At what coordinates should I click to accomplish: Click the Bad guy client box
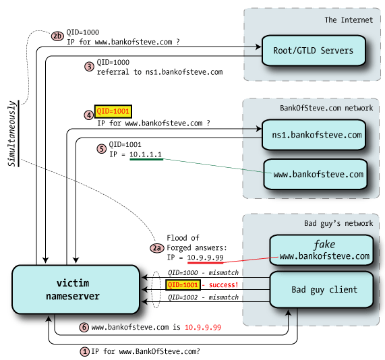click(x=321, y=290)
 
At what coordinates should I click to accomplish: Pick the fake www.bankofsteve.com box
click(x=321, y=250)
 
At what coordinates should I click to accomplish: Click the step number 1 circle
click(x=84, y=351)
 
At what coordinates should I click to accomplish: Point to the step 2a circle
click(x=156, y=247)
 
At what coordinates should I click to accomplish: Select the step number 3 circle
click(x=88, y=66)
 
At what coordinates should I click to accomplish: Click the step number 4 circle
click(x=88, y=115)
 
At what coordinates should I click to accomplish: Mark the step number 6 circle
click(x=84, y=327)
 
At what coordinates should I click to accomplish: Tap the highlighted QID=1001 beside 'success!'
click(x=183, y=285)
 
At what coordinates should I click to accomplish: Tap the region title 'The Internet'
click(x=349, y=20)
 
